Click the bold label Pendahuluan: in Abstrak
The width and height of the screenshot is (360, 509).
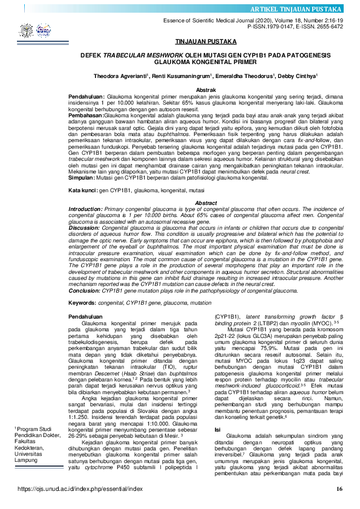pyautogui.click(x=87, y=96)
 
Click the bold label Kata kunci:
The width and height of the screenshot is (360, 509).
pyautogui.click(x=83, y=190)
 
